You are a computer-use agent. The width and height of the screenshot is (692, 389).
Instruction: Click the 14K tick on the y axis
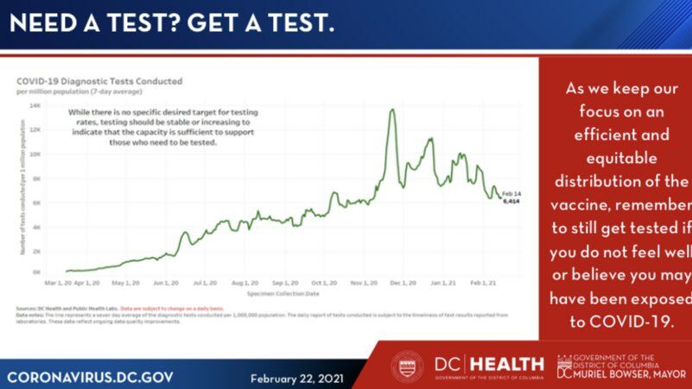point(35,105)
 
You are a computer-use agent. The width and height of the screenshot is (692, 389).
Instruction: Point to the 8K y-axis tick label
point(36,179)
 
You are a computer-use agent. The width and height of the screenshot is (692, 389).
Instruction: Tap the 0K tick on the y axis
point(36,272)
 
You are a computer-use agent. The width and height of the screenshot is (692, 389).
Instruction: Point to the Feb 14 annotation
point(510,193)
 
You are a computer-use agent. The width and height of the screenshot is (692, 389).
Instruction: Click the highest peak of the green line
point(393,110)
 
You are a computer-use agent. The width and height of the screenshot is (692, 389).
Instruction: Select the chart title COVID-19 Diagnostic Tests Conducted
point(99,81)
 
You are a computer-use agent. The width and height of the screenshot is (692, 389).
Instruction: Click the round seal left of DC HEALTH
point(408,367)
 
